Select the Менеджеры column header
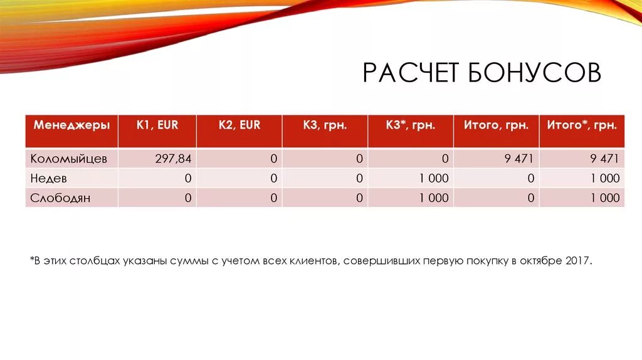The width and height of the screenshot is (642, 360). (x=71, y=125)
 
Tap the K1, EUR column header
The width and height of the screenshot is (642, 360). (x=157, y=125)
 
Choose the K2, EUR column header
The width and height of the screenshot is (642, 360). (x=239, y=125)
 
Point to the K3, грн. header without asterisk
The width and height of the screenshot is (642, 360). (x=325, y=125)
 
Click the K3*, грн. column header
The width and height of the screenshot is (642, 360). (x=410, y=125)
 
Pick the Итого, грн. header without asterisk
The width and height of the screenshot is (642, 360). (x=496, y=125)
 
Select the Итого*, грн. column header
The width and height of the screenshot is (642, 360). (x=582, y=125)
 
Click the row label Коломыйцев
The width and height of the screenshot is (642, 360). (x=69, y=159)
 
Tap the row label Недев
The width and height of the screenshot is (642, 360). (x=48, y=178)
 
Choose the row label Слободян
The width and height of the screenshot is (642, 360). (x=60, y=198)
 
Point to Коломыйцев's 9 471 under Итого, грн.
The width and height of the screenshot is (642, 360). (x=518, y=159)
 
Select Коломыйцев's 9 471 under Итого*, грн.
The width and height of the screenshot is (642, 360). (x=604, y=159)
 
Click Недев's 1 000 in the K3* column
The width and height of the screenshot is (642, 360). (x=434, y=178)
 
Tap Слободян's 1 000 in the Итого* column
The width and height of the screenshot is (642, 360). (x=604, y=198)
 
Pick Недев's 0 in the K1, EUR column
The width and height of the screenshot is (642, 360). (x=187, y=178)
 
